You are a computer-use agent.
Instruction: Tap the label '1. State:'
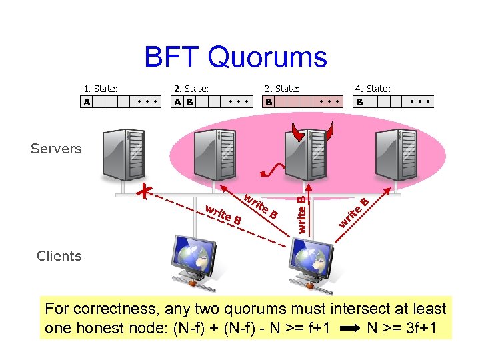[101, 88]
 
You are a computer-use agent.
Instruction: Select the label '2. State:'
[191, 88]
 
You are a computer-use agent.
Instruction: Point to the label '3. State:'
[282, 88]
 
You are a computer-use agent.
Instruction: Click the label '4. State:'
[373, 88]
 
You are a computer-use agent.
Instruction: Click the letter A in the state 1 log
[87, 102]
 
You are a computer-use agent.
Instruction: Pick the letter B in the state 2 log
[189, 102]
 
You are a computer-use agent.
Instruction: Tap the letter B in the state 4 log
[359, 102]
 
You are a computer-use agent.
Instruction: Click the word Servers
[56, 149]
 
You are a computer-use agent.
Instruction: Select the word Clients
[59, 256]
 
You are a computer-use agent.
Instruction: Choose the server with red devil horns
[305, 153]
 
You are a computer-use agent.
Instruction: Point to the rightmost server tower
[393, 155]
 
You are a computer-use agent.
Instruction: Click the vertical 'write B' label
[301, 213]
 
